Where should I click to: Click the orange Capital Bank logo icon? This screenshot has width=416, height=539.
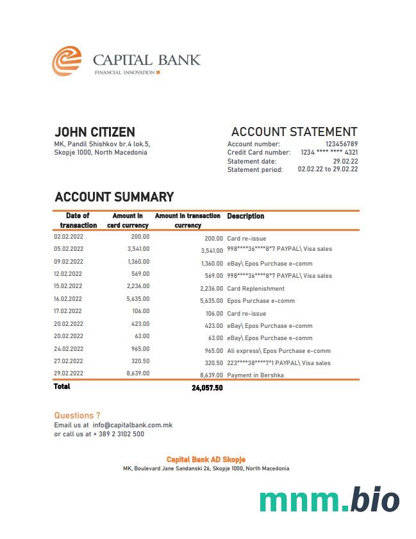tap(67, 62)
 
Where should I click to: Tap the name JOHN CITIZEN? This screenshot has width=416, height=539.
tap(95, 132)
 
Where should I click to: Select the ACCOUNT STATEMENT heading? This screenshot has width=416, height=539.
tap(294, 132)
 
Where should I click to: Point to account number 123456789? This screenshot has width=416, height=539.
tap(342, 144)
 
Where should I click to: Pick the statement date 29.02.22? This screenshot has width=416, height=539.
tap(345, 161)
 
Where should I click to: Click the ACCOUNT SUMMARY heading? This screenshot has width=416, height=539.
tap(114, 197)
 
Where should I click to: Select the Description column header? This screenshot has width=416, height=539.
tap(245, 216)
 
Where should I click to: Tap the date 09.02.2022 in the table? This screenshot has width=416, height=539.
tap(68, 262)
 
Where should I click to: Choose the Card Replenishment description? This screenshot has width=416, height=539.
tap(256, 289)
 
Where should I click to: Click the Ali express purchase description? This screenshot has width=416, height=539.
tap(279, 351)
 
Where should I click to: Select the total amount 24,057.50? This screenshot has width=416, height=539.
tap(207, 388)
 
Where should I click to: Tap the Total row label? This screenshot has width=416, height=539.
tap(62, 387)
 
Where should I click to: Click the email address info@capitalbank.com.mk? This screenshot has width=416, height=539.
tap(132, 425)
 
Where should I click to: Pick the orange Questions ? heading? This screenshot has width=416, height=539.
tap(77, 416)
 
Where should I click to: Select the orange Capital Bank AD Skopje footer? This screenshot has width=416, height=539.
tap(206, 459)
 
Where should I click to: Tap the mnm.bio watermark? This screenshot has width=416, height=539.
tap(329, 501)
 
